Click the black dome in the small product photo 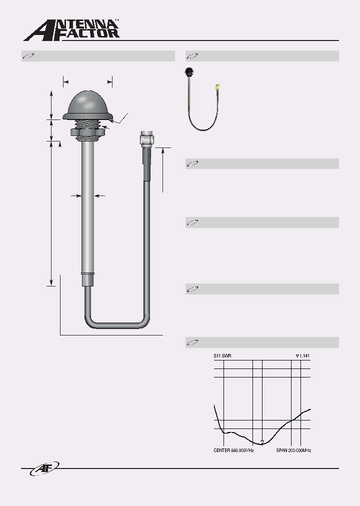[x=190, y=70]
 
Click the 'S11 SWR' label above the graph [x=222, y=356]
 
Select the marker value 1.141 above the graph [x=303, y=356]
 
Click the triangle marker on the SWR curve [x=262, y=441]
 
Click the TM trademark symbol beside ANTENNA [x=117, y=20]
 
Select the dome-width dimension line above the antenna [x=87, y=81]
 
